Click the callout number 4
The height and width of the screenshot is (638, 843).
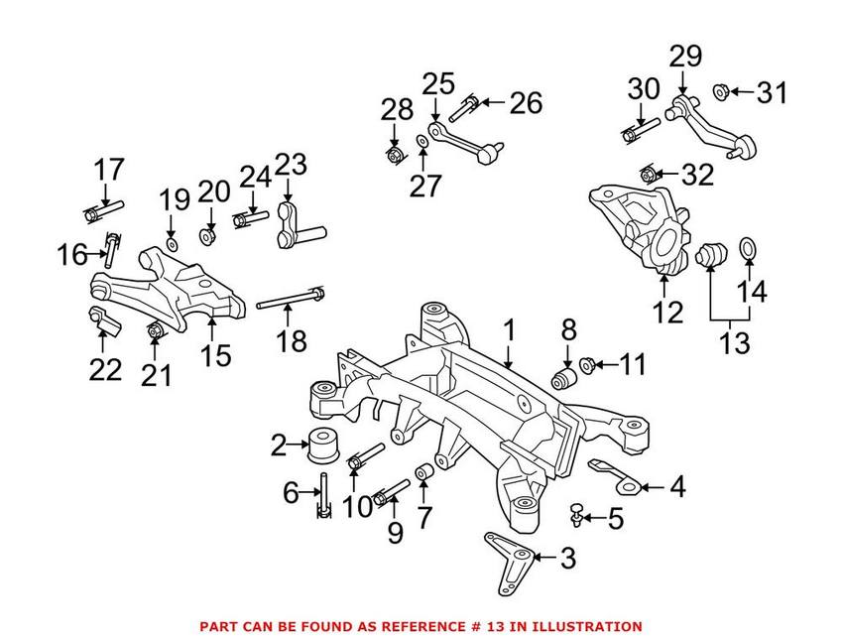pyautogui.click(x=677, y=486)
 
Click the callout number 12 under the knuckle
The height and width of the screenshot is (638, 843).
pyautogui.click(x=668, y=313)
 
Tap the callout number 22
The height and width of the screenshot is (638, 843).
pyautogui.click(x=105, y=370)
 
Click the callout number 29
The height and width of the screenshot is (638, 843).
pyautogui.click(x=683, y=56)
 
